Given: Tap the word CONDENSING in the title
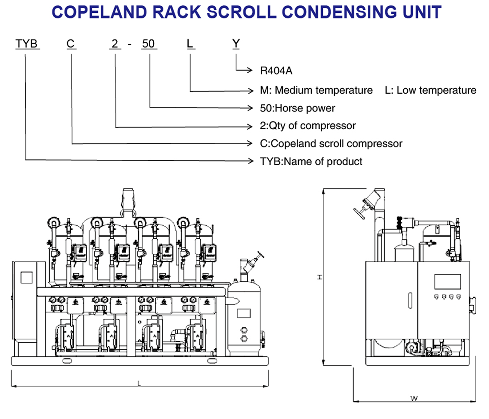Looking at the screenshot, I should click(x=336, y=12).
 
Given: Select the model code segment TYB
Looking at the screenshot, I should click(x=28, y=44).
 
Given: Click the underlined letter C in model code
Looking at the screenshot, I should click(x=71, y=44).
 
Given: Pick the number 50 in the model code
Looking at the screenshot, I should click(x=148, y=44).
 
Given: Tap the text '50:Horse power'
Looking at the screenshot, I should click(x=298, y=108).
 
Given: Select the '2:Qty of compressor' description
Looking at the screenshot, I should click(x=308, y=126).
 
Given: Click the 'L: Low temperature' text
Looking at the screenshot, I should click(x=430, y=91).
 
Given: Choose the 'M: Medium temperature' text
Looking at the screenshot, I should click(x=316, y=91).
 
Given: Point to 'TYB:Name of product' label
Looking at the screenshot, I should click(x=311, y=162).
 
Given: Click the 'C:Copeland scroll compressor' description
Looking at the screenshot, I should click(x=331, y=144).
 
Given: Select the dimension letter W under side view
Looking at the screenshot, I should click(x=414, y=398).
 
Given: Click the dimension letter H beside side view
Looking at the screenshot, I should click(x=319, y=277).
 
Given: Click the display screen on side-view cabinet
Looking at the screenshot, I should click(x=447, y=281).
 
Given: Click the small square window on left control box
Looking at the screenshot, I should click(x=26, y=278).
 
